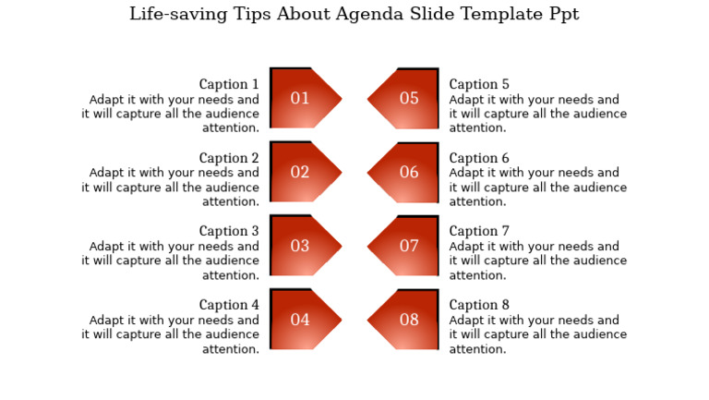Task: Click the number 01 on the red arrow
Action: [300, 99]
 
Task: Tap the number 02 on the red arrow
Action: [300, 173]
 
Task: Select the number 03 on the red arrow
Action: [300, 247]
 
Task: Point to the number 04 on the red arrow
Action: [300, 321]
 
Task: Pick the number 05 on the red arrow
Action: [409, 99]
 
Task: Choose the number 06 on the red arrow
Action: [409, 173]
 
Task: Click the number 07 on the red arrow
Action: [409, 247]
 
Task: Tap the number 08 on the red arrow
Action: [409, 321]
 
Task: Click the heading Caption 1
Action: [229, 85]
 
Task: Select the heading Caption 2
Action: [229, 159]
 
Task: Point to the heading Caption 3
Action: [229, 232]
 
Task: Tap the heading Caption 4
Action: [229, 306]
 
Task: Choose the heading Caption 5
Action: [479, 85]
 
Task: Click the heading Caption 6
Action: [479, 159]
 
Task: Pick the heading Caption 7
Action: [479, 232]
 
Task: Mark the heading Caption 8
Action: [479, 306]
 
